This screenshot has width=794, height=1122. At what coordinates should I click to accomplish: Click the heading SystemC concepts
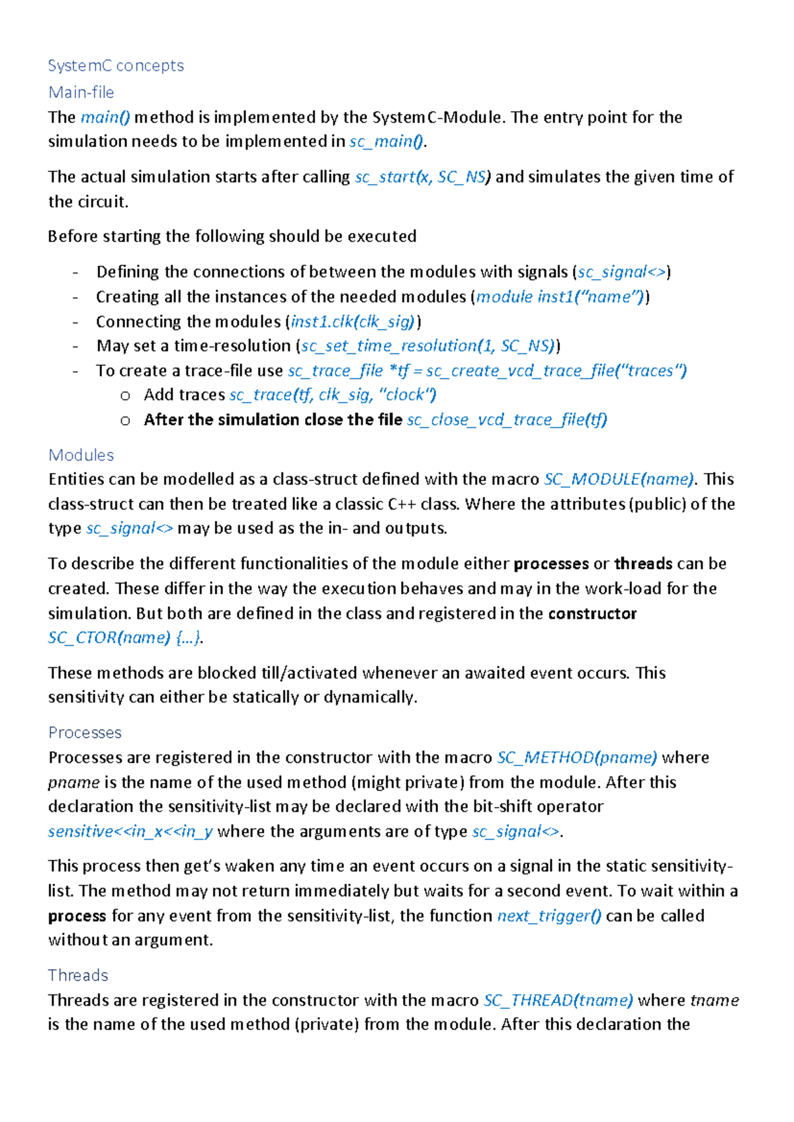(116, 65)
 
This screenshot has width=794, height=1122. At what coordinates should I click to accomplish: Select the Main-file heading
(81, 92)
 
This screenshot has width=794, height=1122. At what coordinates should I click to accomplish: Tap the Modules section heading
(81, 455)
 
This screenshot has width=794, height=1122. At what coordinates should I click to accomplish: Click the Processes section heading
(85, 732)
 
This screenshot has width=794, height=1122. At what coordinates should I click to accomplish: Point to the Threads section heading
(78, 975)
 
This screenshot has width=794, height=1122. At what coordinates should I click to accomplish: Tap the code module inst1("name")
(560, 296)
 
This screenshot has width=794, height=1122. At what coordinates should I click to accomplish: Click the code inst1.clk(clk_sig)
(353, 322)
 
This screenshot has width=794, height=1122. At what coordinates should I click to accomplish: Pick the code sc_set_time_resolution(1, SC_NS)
(428, 345)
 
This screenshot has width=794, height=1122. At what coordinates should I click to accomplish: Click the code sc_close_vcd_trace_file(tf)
(507, 419)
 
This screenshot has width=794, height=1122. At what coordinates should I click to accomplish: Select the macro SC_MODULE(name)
(619, 479)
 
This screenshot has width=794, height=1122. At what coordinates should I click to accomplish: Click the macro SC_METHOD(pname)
(577, 757)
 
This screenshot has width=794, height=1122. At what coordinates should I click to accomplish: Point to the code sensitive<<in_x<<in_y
(130, 831)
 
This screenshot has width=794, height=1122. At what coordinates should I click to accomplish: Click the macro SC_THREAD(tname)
(558, 1000)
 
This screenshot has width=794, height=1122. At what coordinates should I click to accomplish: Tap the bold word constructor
(592, 613)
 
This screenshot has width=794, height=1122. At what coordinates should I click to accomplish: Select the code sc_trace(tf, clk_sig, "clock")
(333, 395)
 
